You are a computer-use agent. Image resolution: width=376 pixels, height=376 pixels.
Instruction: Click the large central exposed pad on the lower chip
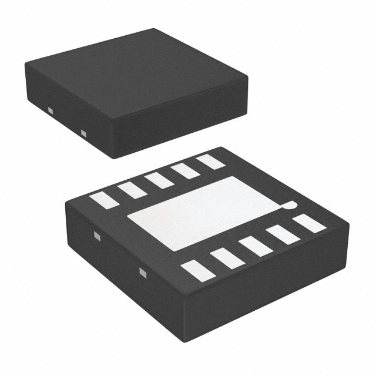pos(206,211)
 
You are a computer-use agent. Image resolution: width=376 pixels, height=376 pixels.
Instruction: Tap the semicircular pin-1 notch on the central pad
pos(287,205)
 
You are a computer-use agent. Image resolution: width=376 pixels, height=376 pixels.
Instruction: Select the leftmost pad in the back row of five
pos(105,200)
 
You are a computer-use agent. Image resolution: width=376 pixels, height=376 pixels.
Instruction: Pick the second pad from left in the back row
pos(132,190)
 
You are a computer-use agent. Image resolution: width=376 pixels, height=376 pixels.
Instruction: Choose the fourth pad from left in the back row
pos(185,170)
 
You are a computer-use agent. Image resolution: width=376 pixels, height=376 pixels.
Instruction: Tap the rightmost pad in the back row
pos(210,161)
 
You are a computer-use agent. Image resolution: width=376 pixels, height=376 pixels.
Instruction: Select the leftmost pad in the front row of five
pos(197,270)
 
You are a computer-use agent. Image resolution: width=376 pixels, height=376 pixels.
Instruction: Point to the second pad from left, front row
pos(227,258)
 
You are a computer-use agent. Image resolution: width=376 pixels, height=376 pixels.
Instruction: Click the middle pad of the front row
pos(255,246)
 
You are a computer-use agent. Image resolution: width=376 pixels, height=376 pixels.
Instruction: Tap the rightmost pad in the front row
pos(310,223)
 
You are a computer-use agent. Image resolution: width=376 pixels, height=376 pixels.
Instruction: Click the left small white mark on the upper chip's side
pos(51,110)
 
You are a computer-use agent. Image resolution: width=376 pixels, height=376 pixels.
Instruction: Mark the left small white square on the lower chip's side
pos(97,237)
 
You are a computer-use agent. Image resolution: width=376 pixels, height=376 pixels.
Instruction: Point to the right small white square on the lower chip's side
pos(142,271)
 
